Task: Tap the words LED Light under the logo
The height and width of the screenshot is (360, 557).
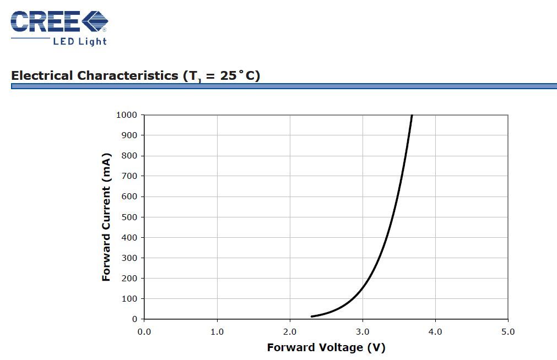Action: click(x=79, y=41)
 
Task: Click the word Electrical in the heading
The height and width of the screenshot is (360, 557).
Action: click(x=42, y=75)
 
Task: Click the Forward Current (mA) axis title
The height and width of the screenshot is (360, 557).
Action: click(x=106, y=217)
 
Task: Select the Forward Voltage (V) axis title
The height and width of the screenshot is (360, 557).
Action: click(x=326, y=347)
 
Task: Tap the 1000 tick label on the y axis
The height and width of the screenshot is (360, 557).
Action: click(x=127, y=115)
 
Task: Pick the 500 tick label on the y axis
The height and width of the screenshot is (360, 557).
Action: click(x=129, y=217)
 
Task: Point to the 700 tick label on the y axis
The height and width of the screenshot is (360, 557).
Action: click(x=129, y=176)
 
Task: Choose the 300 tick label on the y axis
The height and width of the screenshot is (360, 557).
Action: click(x=129, y=258)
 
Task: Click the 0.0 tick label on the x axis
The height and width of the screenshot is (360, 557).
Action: click(x=144, y=332)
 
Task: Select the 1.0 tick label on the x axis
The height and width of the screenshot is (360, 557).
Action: click(x=217, y=332)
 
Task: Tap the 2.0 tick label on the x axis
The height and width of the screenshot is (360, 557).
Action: click(x=290, y=332)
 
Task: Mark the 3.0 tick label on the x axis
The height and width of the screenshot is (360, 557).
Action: click(x=363, y=332)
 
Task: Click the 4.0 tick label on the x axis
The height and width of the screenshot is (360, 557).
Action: click(x=435, y=332)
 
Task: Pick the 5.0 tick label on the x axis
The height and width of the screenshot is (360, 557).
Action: click(x=508, y=332)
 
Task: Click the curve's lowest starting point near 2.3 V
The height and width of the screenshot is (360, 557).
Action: click(x=312, y=316)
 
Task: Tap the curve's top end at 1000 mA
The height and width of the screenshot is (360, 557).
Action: click(x=412, y=116)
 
